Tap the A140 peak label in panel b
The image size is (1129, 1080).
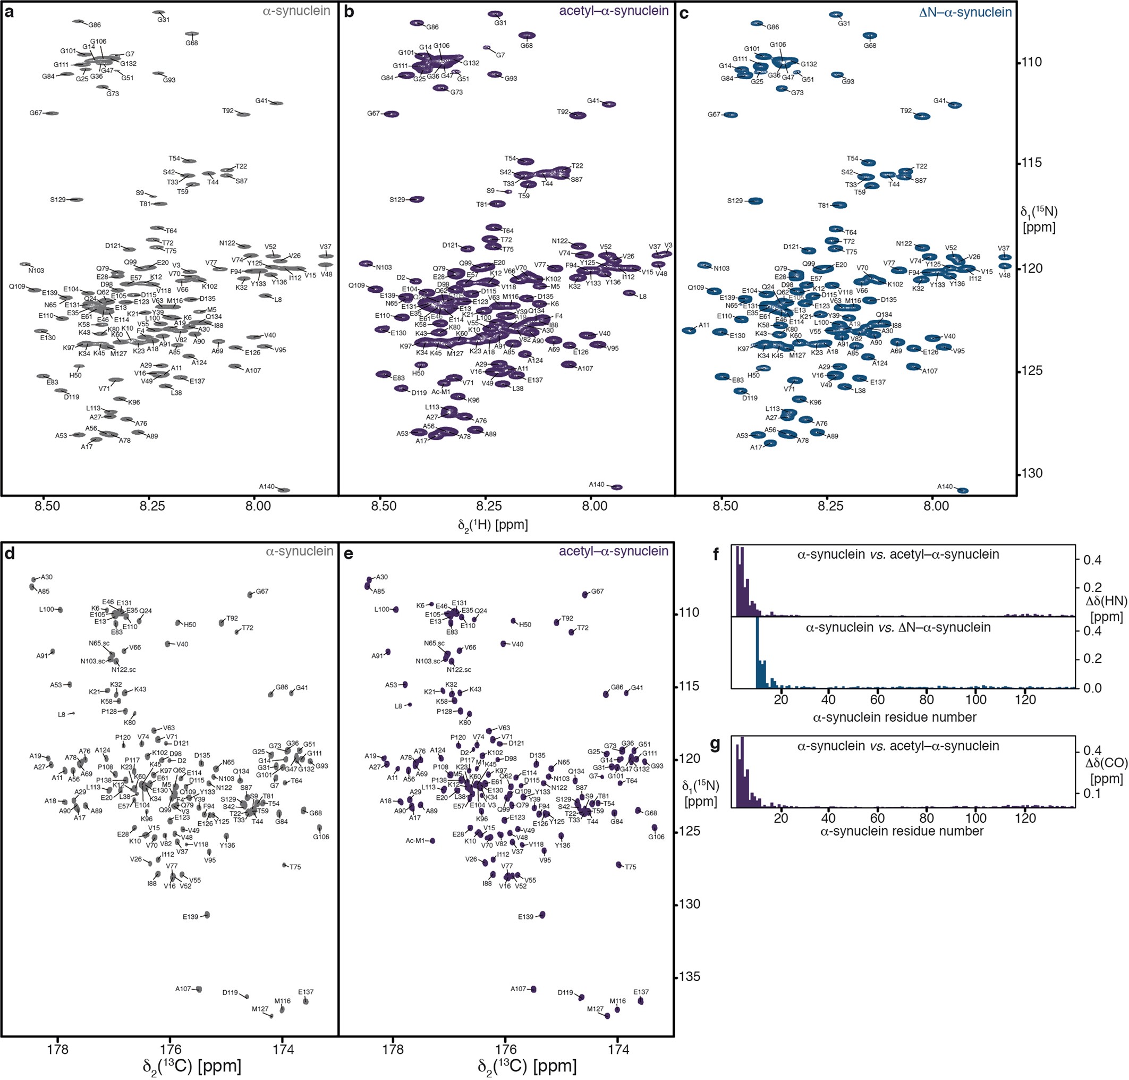pyautogui.click(x=596, y=484)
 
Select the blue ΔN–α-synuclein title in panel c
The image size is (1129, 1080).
pyautogui.click(x=965, y=12)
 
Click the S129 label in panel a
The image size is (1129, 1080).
pyautogui.click(x=57, y=200)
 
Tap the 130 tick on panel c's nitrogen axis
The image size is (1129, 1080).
pyautogui.click(x=1030, y=473)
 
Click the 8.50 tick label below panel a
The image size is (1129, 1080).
pyautogui.click(x=47, y=506)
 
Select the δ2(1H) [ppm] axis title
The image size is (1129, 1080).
pyautogui.click(x=493, y=525)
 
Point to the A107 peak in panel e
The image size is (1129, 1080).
pyautogui.click(x=533, y=989)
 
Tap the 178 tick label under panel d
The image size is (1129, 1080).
pyautogui.click(x=57, y=1049)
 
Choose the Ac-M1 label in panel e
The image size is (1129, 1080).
pyautogui.click(x=415, y=840)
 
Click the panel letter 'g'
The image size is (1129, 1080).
pyautogui.click(x=716, y=745)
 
